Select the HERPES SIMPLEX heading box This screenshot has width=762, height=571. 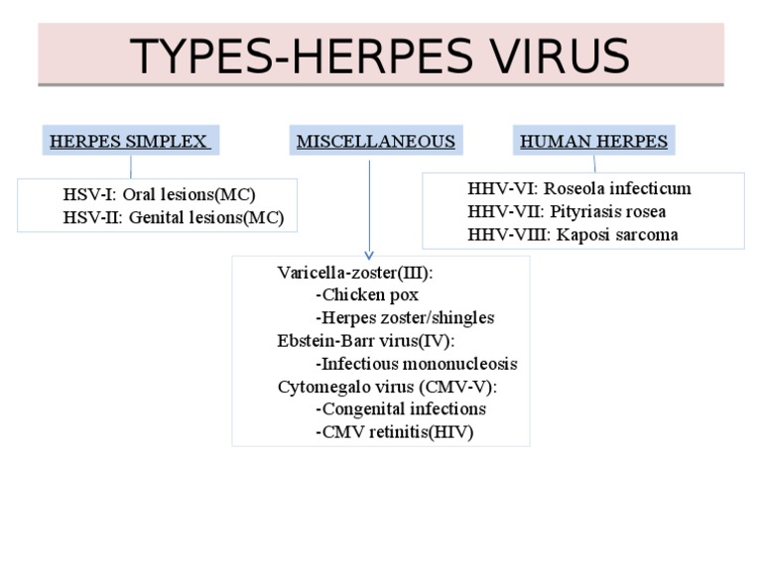point(130,141)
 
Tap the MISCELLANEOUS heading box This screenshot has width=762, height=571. point(376,141)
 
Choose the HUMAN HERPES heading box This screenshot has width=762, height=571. point(593,141)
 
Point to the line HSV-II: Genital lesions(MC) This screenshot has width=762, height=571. point(174,218)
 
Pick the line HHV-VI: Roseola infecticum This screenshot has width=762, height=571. point(579,188)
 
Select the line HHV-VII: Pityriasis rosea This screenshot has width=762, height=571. point(567,211)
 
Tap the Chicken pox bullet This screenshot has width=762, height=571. point(367,295)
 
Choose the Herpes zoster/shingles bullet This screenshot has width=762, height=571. point(405,318)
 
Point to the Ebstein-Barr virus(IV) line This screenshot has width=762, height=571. point(365,341)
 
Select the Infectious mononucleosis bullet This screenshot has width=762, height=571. point(416,364)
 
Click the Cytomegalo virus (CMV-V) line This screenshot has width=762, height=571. point(387,387)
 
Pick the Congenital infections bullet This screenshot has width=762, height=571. point(401,409)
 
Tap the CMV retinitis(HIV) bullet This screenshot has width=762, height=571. point(394,432)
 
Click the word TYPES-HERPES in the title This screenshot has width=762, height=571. point(289,56)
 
